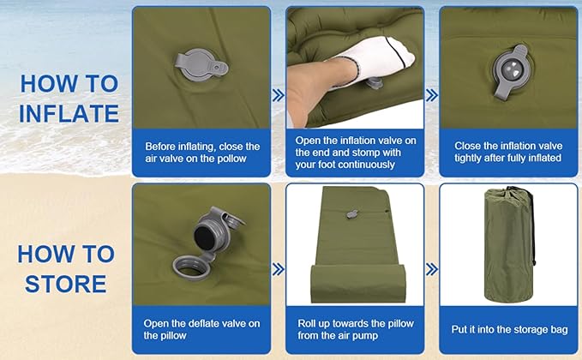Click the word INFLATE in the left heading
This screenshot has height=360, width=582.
click(69, 113)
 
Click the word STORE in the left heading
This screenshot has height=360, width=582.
click(66, 284)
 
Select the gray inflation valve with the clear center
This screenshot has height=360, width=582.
click(511, 71)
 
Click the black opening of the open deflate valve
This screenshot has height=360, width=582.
click(203, 237)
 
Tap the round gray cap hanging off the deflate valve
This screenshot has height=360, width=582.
click(191, 268)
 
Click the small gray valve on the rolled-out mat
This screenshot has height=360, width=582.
click(352, 214)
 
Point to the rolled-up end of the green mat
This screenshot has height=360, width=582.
click(357, 283)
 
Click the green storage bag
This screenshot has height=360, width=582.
click(508, 245)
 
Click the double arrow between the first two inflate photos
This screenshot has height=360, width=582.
click(279, 95)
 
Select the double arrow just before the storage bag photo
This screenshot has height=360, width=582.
click(432, 269)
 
